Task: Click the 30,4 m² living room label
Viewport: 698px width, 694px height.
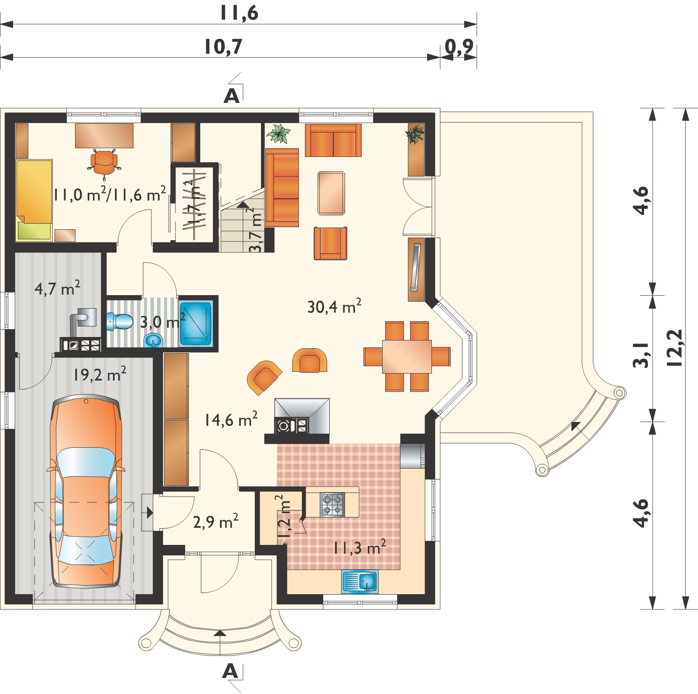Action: tap(335, 307)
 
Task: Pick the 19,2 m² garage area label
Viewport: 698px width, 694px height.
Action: tap(100, 374)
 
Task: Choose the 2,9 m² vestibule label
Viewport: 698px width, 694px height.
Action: tap(216, 521)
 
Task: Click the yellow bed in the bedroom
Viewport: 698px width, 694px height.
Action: tap(34, 200)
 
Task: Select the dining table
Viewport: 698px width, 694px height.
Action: tap(407, 357)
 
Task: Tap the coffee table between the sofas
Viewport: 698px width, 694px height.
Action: tap(332, 193)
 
